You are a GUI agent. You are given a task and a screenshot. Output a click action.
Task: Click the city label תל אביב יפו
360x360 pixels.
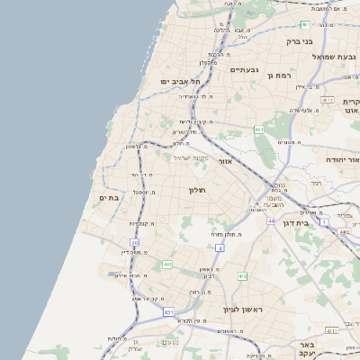(x=181, y=82)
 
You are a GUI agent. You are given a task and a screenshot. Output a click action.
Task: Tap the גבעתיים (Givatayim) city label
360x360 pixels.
(x=244, y=69)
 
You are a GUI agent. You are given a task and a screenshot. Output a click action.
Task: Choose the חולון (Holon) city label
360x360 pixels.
(x=197, y=190)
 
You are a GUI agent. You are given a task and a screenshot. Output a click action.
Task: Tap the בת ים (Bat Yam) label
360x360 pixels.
(x=109, y=198)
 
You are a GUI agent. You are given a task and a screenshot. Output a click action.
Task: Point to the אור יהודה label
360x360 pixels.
(x=341, y=159)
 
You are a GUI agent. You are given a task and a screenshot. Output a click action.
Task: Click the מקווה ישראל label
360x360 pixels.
(x=190, y=158)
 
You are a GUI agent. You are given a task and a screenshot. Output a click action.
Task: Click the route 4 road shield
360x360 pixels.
(x=219, y=247)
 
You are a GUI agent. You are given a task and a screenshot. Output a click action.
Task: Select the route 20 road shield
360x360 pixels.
(x=134, y=243)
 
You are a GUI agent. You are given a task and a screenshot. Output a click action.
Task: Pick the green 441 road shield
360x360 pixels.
(x=166, y=265)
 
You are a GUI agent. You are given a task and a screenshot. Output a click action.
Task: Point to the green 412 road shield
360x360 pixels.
(x=242, y=275)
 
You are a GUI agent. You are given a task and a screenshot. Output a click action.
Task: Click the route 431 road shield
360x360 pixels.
(x=167, y=311)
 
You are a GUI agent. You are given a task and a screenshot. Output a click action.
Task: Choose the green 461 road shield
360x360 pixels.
(x=258, y=130)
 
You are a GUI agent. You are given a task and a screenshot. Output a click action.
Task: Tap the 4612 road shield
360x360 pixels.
(x=328, y=101)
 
